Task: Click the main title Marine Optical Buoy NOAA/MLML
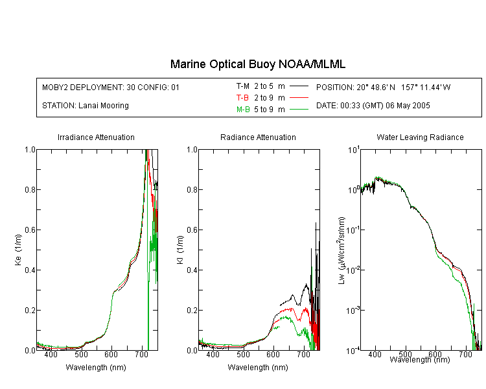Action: tap(257, 64)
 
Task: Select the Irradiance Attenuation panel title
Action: tap(96, 137)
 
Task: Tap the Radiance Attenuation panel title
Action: tap(258, 137)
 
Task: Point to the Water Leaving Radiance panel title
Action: tap(420, 137)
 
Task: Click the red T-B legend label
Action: tap(242, 98)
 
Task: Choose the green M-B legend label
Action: tap(243, 110)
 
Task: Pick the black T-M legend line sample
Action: tap(299, 86)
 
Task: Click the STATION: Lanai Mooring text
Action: tap(86, 106)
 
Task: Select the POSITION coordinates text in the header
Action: tap(383, 87)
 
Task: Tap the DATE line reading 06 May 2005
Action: tap(373, 106)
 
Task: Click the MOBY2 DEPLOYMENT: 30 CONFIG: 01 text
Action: tap(111, 87)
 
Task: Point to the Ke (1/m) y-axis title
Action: tap(18, 250)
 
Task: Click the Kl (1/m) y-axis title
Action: tap(179, 250)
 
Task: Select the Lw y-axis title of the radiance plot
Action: tap(341, 250)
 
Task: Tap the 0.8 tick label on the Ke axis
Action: tap(30, 189)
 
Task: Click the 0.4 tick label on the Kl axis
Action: tap(192, 270)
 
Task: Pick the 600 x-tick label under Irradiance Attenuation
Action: tap(111, 354)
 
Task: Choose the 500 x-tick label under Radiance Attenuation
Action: tap(243, 354)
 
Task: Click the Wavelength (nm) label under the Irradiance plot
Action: tap(96, 368)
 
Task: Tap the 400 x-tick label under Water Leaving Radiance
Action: tap(375, 354)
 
